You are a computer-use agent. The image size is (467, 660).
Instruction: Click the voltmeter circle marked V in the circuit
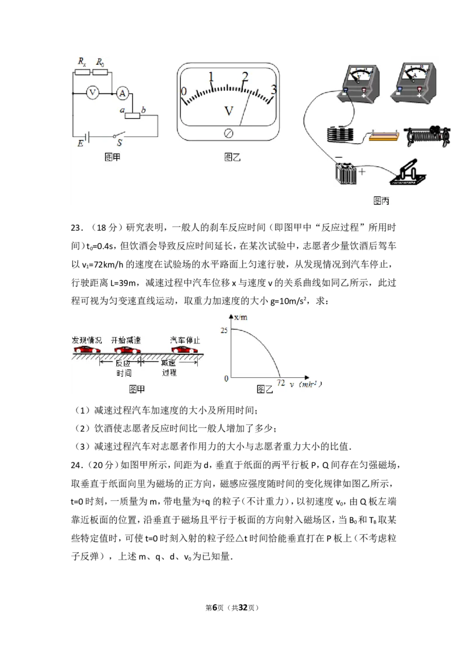click(x=93, y=92)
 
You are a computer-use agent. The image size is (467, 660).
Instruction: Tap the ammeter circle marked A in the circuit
click(x=122, y=93)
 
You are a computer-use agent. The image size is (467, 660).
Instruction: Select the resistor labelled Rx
click(x=82, y=72)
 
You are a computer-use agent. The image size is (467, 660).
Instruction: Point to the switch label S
click(x=120, y=143)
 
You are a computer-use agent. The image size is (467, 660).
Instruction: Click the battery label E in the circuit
click(x=80, y=143)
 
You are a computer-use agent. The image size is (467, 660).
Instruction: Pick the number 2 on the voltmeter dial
click(x=245, y=76)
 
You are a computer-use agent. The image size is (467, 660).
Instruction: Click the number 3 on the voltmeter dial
click(x=274, y=89)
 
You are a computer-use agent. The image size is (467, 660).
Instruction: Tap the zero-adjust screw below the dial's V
click(x=228, y=134)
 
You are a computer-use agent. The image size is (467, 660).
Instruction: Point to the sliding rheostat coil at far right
click(x=427, y=136)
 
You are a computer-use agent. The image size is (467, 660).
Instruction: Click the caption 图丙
click(x=381, y=201)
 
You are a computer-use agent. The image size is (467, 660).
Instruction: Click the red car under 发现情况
click(x=87, y=350)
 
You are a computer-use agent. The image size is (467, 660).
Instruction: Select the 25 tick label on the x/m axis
click(x=224, y=331)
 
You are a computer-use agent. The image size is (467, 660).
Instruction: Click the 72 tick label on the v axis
click(x=281, y=382)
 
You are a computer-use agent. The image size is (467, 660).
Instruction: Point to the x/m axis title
click(x=241, y=317)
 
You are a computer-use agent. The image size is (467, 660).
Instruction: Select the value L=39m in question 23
click(x=123, y=283)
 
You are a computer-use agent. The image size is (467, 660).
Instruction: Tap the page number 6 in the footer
click(x=215, y=608)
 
